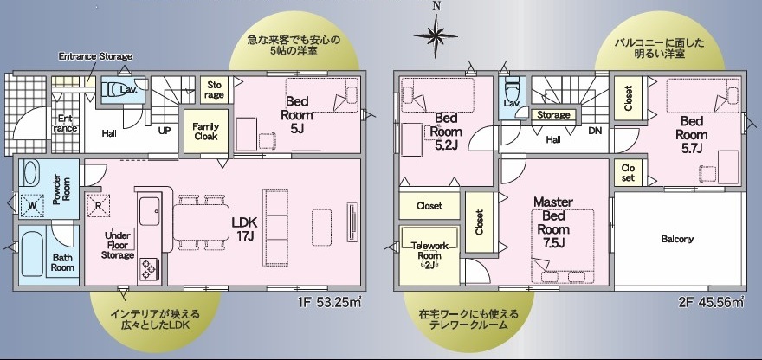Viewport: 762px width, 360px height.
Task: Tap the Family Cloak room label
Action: pyautogui.click(x=206, y=132)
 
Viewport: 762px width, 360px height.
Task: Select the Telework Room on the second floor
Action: pyautogui.click(x=429, y=255)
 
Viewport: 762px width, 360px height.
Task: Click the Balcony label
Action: pyautogui.click(x=677, y=239)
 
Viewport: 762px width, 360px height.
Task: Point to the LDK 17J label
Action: pyautogui.click(x=244, y=228)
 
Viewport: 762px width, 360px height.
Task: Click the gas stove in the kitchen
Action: pyautogui.click(x=148, y=269)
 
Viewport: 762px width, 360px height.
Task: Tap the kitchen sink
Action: pyautogui.click(x=150, y=210)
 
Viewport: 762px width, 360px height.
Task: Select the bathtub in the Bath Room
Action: pyautogui.click(x=32, y=254)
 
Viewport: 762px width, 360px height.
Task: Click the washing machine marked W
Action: pyautogui.click(x=32, y=205)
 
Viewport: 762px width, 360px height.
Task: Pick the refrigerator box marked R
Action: pyautogui.click(x=98, y=205)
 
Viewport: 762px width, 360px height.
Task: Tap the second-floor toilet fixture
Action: pyautogui.click(x=512, y=90)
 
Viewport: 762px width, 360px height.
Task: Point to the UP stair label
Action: pyautogui.click(x=165, y=130)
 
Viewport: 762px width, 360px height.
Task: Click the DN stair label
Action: pyautogui.click(x=595, y=130)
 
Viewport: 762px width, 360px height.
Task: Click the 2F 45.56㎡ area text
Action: pyautogui.click(x=712, y=303)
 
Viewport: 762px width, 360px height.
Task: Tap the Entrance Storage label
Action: pyautogui.click(x=95, y=56)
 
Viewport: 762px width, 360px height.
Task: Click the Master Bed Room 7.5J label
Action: pyautogui.click(x=553, y=222)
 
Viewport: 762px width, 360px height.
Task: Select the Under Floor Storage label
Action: pyautogui.click(x=118, y=246)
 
